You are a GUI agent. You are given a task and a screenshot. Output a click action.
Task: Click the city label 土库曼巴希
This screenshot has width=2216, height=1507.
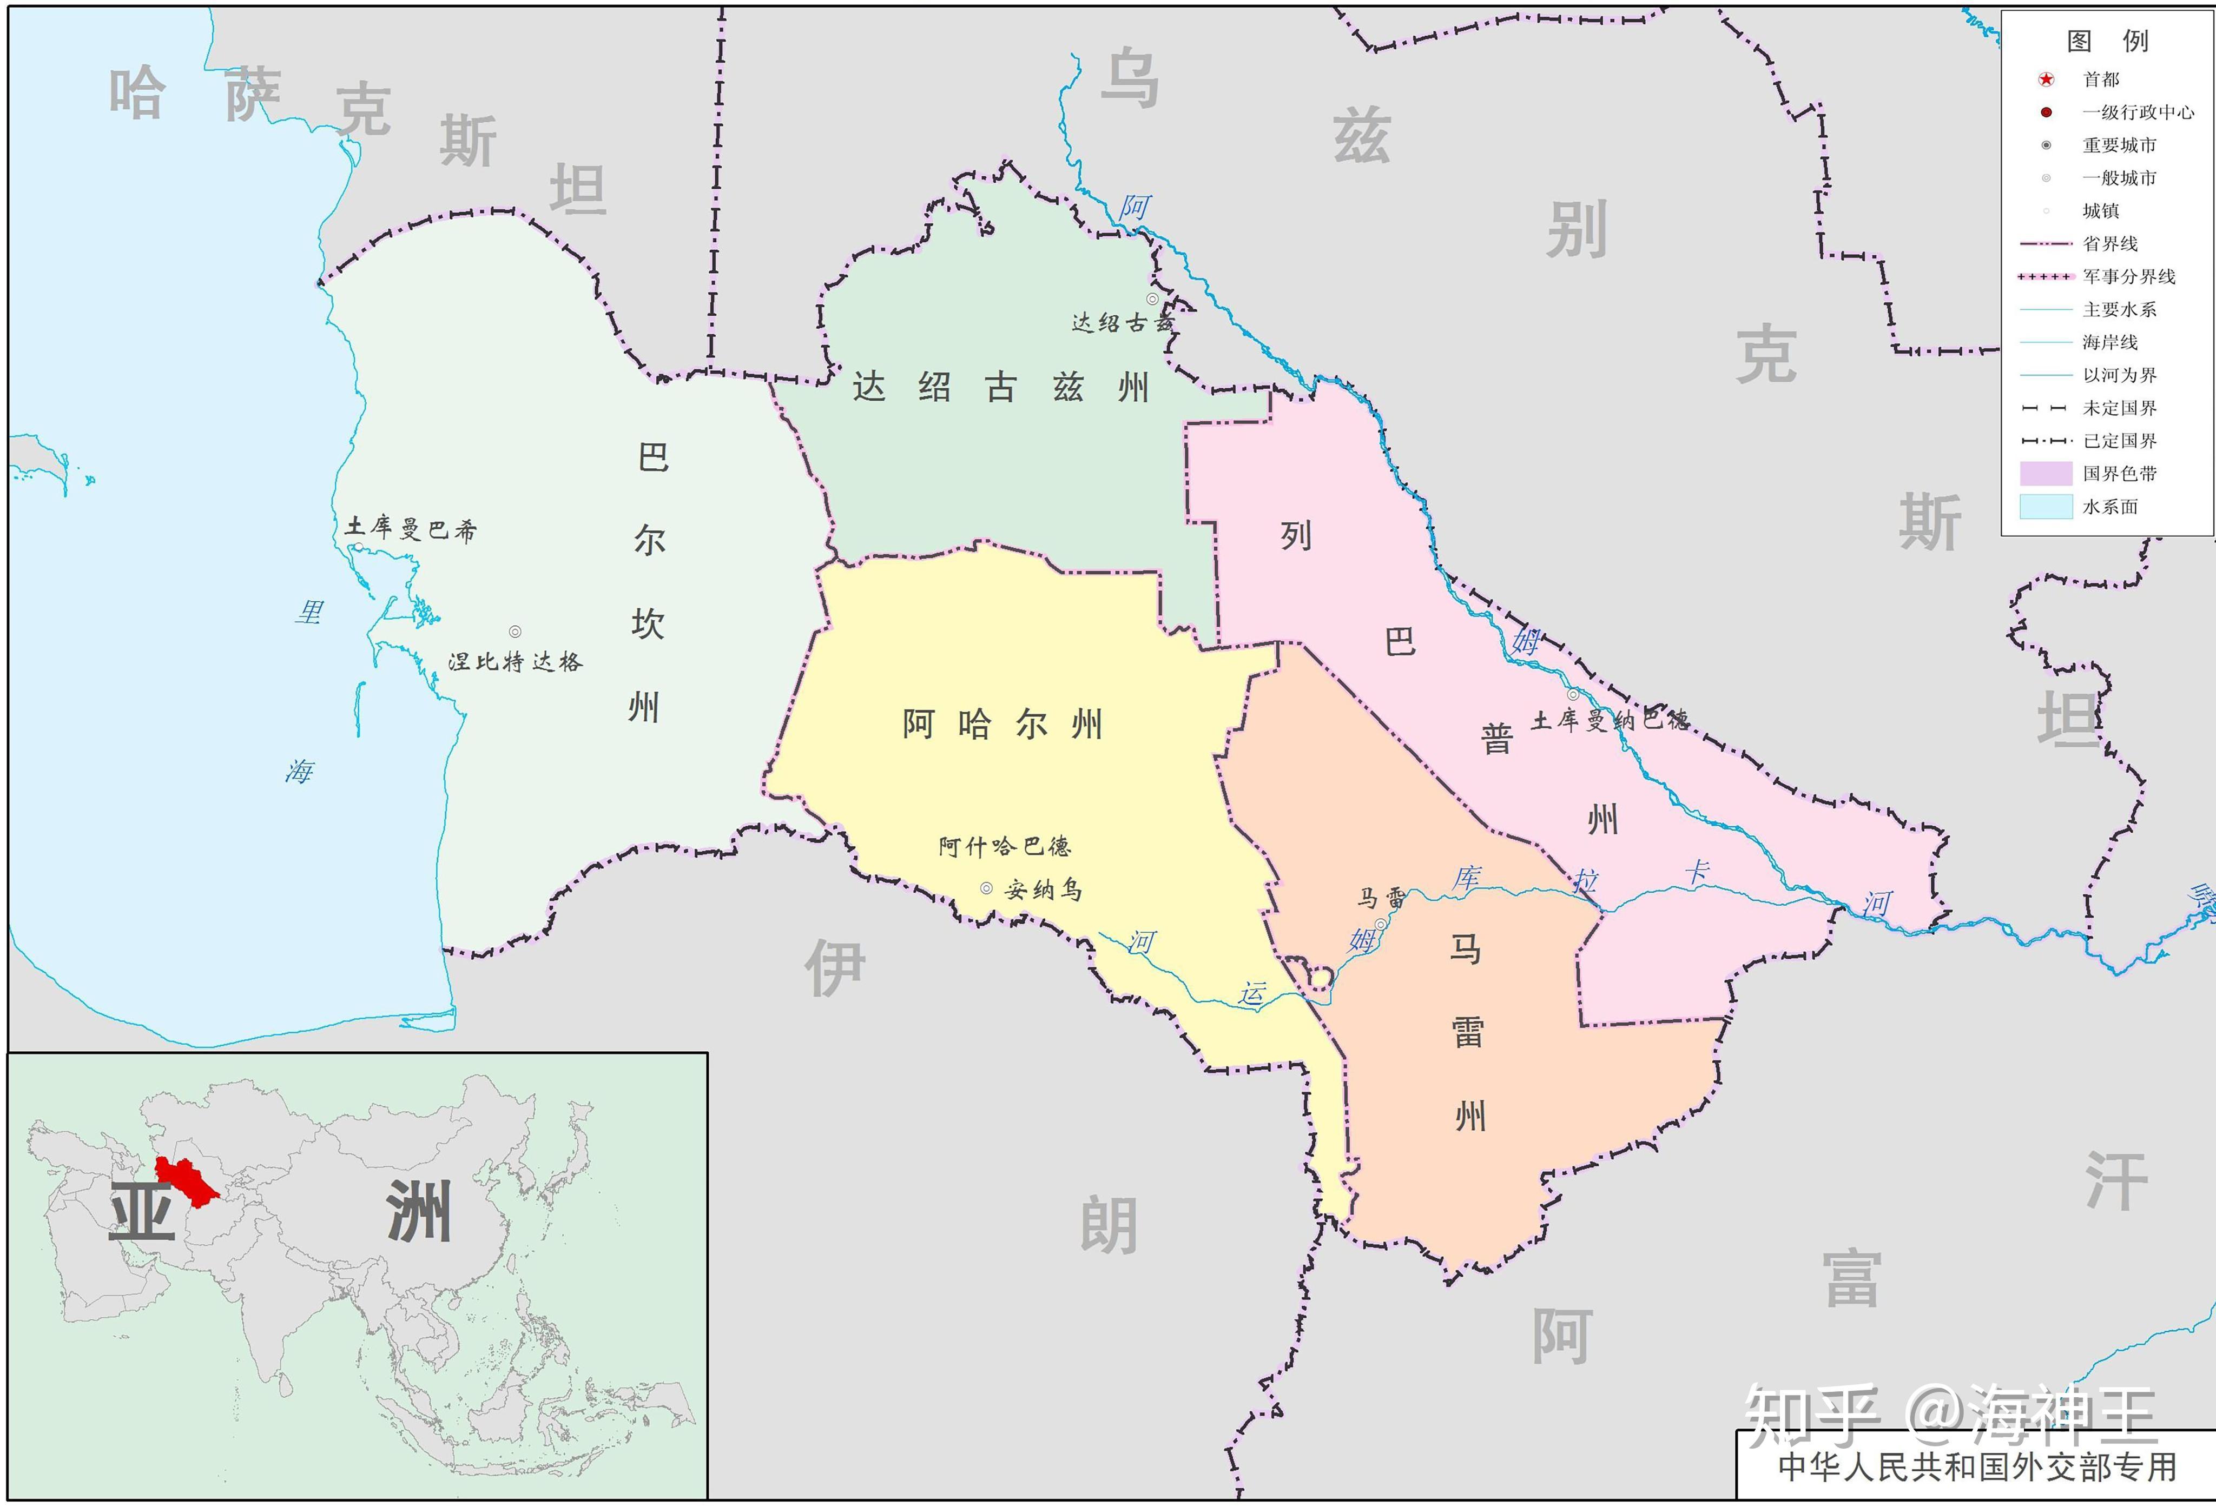[411, 529]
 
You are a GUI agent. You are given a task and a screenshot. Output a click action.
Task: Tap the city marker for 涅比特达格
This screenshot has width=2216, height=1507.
[515, 632]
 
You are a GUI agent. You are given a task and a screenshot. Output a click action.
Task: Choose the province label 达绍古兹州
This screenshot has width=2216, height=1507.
[1000, 388]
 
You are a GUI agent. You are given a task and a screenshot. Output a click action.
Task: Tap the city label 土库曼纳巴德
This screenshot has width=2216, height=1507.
[1610, 720]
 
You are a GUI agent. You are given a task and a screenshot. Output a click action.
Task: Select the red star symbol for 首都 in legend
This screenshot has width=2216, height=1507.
[2046, 79]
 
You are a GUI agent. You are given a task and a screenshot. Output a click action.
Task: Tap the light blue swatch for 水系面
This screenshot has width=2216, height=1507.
[2046, 506]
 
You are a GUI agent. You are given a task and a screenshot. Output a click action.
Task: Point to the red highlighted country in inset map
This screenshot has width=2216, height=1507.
[186, 1180]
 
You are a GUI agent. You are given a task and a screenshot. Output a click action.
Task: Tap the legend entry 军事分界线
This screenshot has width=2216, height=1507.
[2128, 276]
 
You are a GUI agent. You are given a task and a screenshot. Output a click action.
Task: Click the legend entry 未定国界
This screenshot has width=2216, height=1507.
[2119, 408]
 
